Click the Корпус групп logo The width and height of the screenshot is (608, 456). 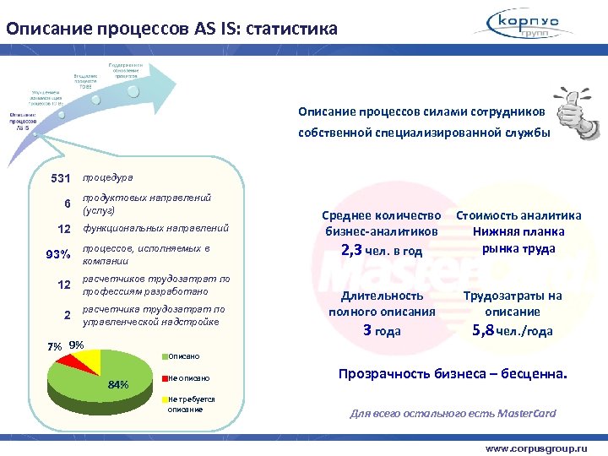[x=535, y=24]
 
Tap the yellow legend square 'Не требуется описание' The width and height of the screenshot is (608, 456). [x=165, y=399]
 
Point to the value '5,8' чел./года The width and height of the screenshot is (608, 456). [x=484, y=330]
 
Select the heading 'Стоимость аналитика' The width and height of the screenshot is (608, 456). [x=518, y=215]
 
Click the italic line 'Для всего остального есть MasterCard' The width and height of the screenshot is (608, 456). [x=453, y=413]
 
